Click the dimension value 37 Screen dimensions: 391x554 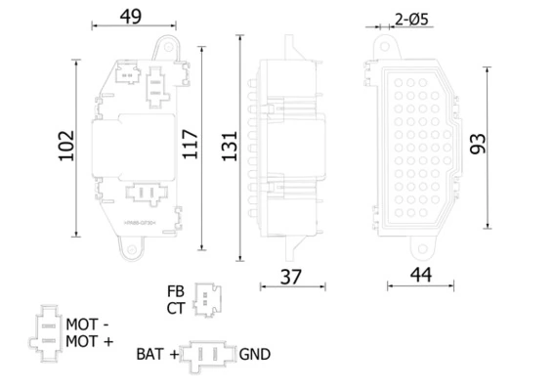tap(289, 277)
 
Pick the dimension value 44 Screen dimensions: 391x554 tap(421, 277)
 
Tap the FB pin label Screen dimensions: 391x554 tap(175, 291)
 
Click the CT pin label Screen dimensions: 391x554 tap(175, 308)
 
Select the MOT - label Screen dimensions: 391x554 tap(89, 323)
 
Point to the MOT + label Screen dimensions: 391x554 tap(90, 340)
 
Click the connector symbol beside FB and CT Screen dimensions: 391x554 tap(206, 299)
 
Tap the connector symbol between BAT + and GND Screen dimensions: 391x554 tap(209, 354)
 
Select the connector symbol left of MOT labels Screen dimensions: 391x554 tap(46, 332)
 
